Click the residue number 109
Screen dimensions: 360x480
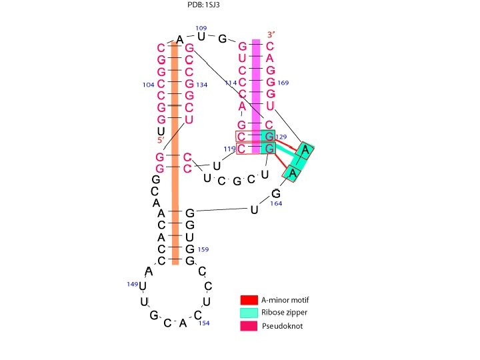tap(201, 28)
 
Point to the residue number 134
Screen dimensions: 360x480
tap(202, 85)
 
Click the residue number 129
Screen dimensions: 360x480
tap(281, 137)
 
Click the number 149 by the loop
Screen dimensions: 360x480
tap(132, 285)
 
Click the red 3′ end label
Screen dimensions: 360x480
tap(270, 34)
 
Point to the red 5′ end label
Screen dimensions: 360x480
tap(160, 140)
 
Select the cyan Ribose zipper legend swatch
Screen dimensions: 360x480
tap(249, 313)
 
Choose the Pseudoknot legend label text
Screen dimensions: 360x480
tap(280, 326)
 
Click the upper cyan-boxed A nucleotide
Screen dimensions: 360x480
tap(305, 150)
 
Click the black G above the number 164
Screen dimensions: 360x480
tap(275, 194)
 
